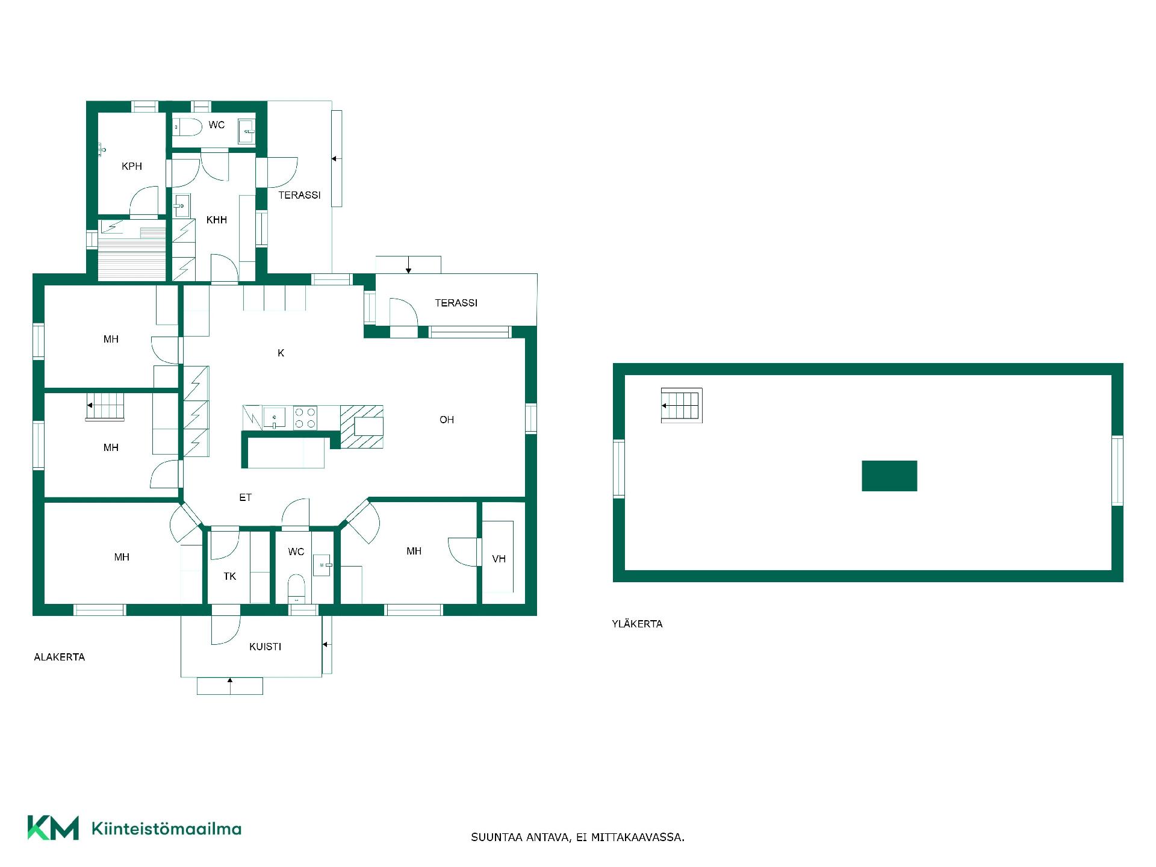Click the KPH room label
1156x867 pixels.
(x=132, y=166)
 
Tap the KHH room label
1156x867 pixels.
(x=217, y=220)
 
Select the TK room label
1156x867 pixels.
(x=230, y=577)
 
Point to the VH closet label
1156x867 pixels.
(x=499, y=559)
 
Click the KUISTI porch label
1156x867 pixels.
(x=266, y=647)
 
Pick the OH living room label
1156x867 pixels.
(x=447, y=420)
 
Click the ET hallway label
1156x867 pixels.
(x=245, y=497)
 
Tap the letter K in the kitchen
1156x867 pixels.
(x=281, y=353)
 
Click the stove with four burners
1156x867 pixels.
(x=305, y=418)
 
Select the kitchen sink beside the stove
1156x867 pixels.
(x=275, y=417)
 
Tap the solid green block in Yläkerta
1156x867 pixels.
(x=889, y=476)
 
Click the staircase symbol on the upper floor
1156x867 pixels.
(x=682, y=405)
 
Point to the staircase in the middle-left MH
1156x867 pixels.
(x=105, y=406)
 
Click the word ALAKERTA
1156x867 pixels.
(x=60, y=657)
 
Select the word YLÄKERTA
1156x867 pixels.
(x=637, y=624)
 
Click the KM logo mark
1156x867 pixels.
(x=53, y=828)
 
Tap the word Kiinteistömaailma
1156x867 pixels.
(x=166, y=828)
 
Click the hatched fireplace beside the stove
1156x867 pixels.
(x=362, y=427)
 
